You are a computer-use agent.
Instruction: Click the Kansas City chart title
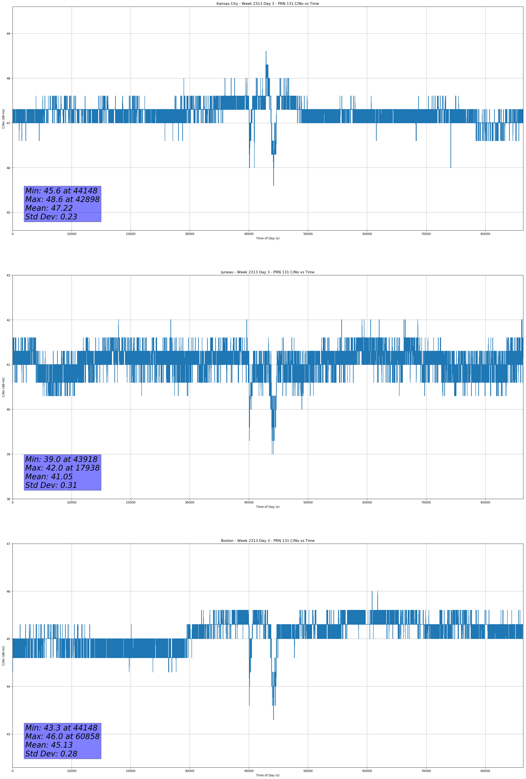[x=268, y=4]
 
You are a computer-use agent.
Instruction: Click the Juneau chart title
[x=268, y=272]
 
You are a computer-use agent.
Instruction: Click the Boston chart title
[x=268, y=541]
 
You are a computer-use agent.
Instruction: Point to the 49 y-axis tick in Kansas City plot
[x=8, y=34]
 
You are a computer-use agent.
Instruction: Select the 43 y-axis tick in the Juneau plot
[x=8, y=276]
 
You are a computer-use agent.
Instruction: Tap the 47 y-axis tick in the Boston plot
[x=8, y=544]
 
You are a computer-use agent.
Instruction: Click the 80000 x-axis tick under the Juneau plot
[x=485, y=502]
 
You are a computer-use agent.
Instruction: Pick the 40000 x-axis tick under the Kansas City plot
[x=249, y=234]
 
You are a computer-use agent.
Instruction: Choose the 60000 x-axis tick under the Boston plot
[x=367, y=771]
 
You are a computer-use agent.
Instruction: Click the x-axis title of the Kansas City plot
[x=268, y=238]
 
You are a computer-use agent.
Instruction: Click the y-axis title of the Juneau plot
[x=3, y=387]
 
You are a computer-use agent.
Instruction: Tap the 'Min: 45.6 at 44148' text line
[x=61, y=191]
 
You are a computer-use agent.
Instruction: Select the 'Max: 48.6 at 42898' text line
[x=62, y=199]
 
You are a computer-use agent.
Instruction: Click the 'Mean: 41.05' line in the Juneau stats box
[x=49, y=477]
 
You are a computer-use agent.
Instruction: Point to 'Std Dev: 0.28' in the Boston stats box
[x=51, y=754]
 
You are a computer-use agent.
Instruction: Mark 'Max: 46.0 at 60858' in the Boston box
[x=62, y=736]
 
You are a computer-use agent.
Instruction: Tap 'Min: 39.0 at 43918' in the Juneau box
[x=61, y=459]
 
